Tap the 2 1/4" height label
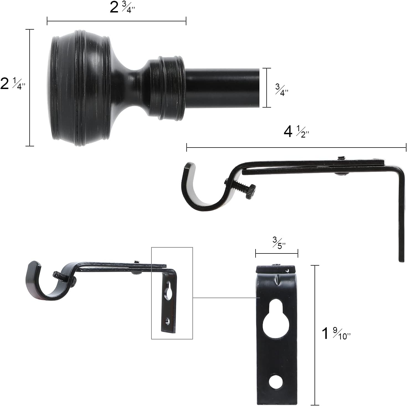12,84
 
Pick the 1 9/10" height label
336,334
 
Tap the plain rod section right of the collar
221,88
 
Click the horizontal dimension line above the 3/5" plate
277,253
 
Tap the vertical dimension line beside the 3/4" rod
267,88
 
